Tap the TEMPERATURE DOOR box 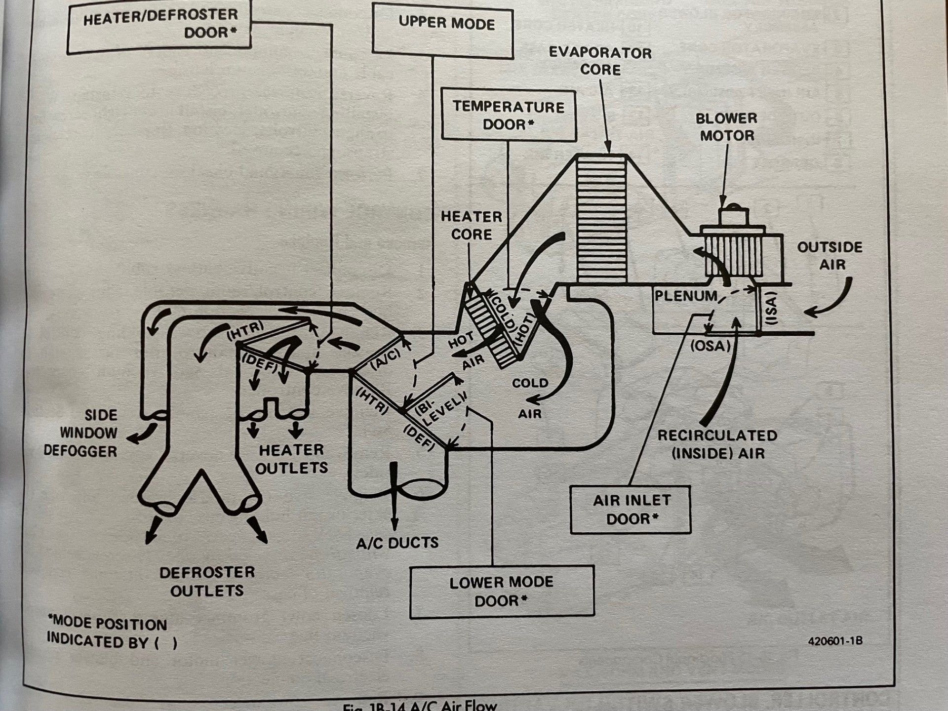[509, 116]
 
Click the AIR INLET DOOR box [630, 510]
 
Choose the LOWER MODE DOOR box [502, 592]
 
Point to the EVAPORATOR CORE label [600, 61]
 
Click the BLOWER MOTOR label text [726, 127]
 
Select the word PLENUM [685, 296]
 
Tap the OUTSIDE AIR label [829, 256]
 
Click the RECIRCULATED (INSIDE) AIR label [717, 444]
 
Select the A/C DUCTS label [397, 543]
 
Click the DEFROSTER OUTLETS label [207, 582]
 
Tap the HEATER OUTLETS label [291, 459]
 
